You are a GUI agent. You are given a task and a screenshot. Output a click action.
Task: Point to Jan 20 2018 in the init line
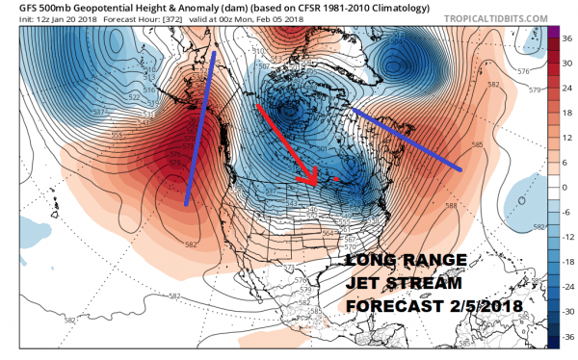click(72, 21)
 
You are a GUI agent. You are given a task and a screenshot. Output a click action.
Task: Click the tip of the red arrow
click(315, 184)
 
